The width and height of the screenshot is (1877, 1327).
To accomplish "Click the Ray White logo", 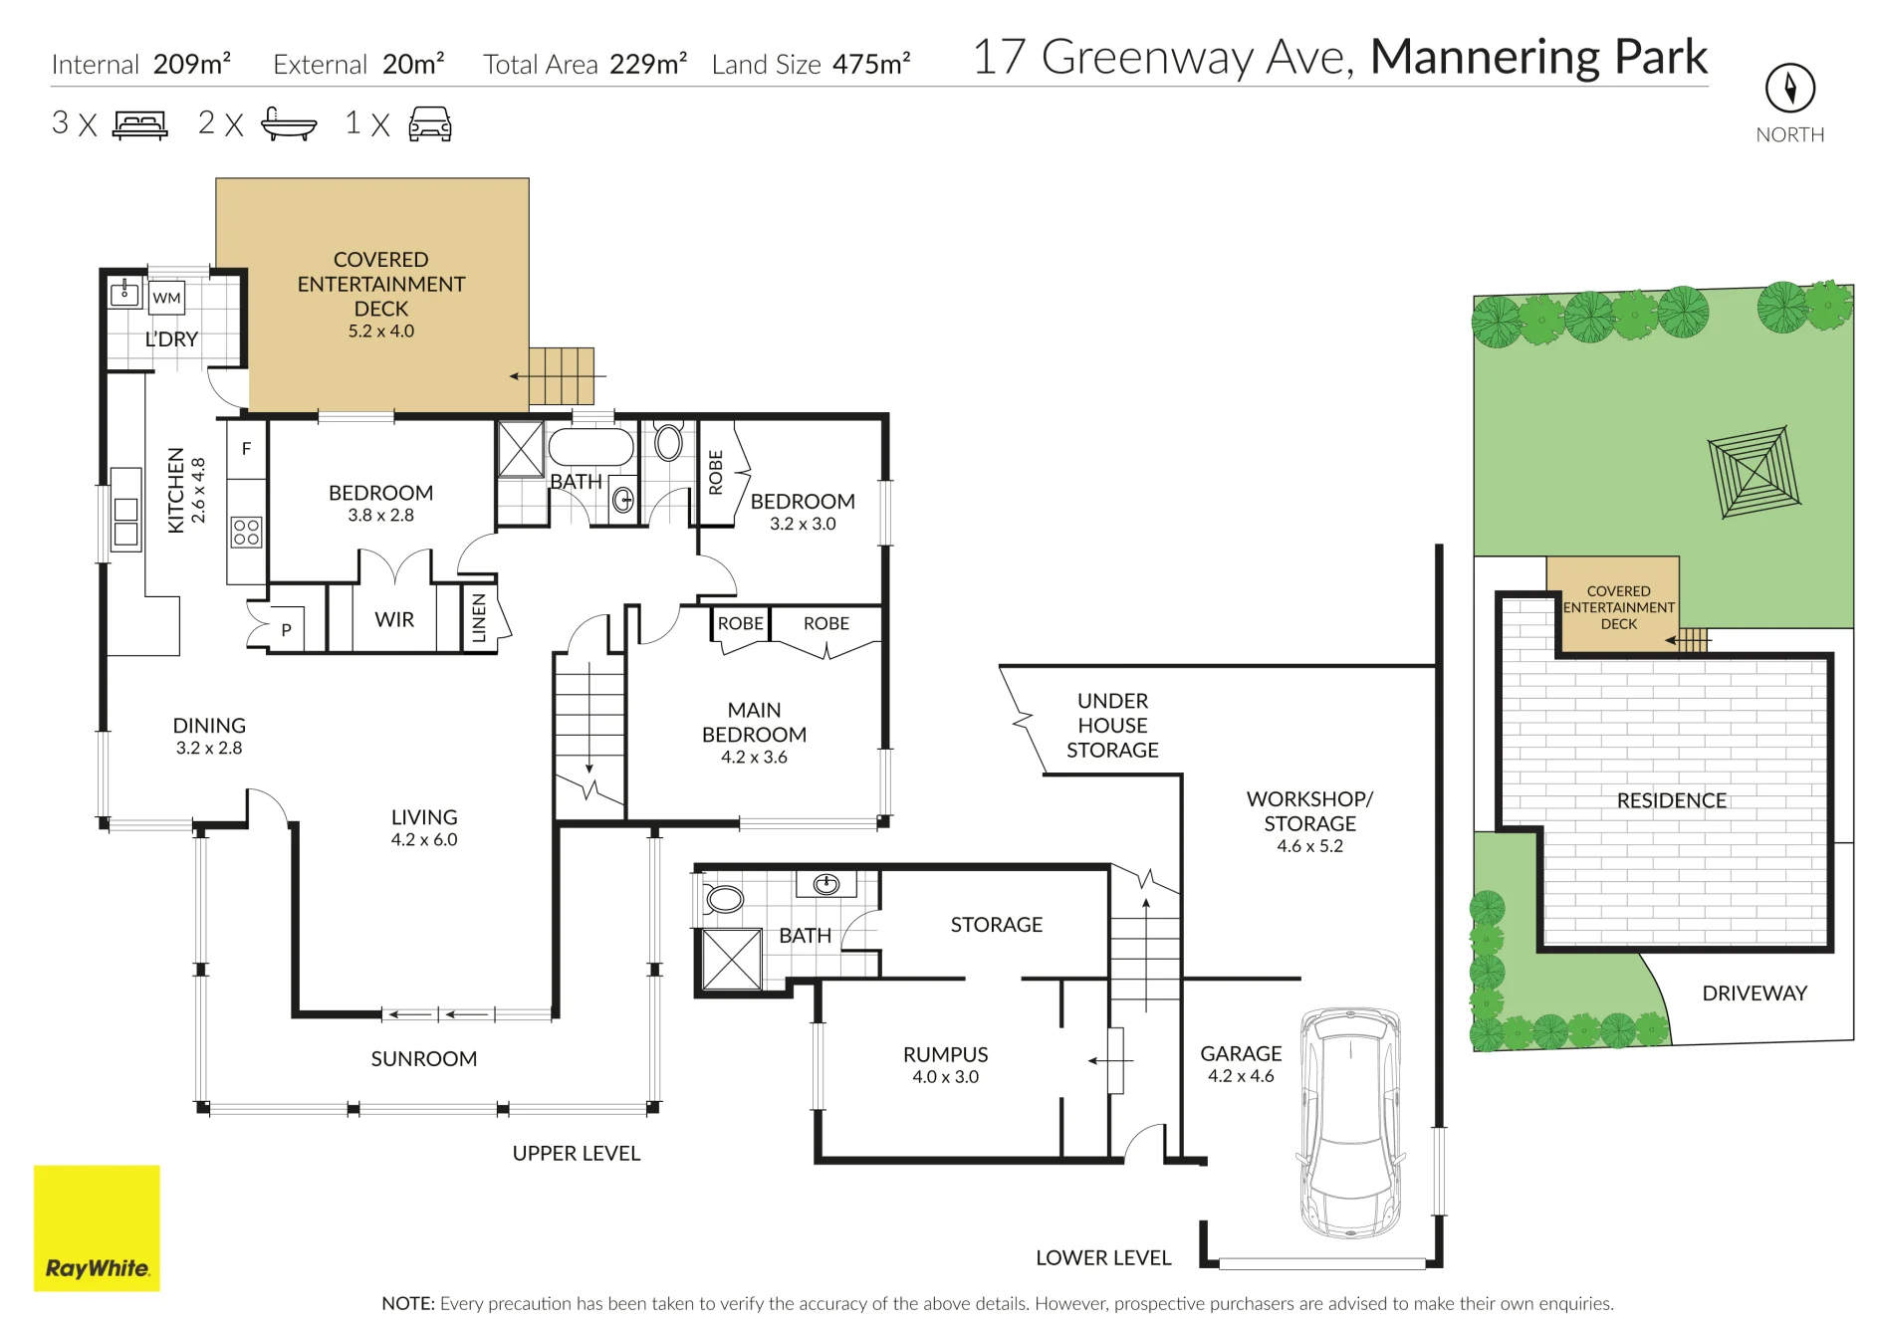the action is pyautogui.click(x=97, y=1227).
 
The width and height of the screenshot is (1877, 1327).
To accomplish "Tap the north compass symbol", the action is pyautogui.click(x=1789, y=89).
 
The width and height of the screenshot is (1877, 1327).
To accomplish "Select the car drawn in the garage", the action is pyautogui.click(x=1350, y=1121).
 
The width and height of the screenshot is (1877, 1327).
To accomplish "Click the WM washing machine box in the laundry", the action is pyautogui.click(x=166, y=297).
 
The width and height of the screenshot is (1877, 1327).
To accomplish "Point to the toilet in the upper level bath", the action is pyautogui.click(x=668, y=442).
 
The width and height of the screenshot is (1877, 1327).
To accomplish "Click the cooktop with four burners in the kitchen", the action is pyautogui.click(x=246, y=532).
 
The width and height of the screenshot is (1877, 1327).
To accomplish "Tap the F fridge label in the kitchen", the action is pyautogui.click(x=246, y=449).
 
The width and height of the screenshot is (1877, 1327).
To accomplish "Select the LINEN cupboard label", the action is pyautogui.click(x=479, y=617).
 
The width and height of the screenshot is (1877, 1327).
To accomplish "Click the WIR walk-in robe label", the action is pyautogui.click(x=394, y=619).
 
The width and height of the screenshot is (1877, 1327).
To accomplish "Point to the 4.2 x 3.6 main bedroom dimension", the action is pyautogui.click(x=754, y=757).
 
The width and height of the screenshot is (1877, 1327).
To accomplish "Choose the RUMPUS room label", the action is pyautogui.click(x=945, y=1054).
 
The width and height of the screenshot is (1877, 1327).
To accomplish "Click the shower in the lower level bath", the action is pyautogui.click(x=732, y=960).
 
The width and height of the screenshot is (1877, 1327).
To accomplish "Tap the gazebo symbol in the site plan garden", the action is pyautogui.click(x=1755, y=473).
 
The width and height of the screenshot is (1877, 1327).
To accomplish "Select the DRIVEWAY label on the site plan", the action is pyautogui.click(x=1755, y=993).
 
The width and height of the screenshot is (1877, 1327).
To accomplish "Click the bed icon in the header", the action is pyautogui.click(x=140, y=124).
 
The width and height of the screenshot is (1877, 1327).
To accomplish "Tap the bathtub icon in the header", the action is pyautogui.click(x=289, y=123).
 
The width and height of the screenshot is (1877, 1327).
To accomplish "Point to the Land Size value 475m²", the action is pyautogui.click(x=871, y=64).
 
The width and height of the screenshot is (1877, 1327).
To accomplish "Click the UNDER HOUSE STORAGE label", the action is pyautogui.click(x=1112, y=726).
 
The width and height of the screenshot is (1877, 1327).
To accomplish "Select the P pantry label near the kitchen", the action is pyautogui.click(x=286, y=629).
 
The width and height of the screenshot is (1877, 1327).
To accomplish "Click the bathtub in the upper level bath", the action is pyautogui.click(x=591, y=447).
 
